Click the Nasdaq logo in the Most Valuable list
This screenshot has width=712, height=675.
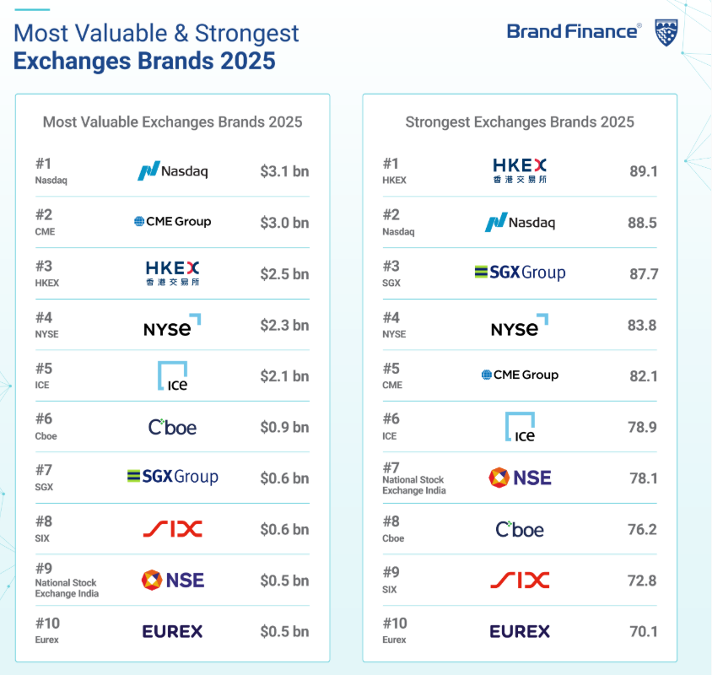coord(173,171)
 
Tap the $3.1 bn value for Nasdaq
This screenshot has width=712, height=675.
coord(284,171)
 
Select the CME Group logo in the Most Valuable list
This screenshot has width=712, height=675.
coord(173,222)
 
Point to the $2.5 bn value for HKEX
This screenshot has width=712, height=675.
coord(284,273)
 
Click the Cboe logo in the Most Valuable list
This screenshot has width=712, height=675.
coord(173,427)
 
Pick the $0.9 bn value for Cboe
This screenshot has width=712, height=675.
coord(284,427)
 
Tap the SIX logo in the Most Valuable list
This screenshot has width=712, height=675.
coord(173,529)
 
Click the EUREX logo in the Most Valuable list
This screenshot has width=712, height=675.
coord(173,631)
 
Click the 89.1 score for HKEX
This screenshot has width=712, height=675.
coord(643,171)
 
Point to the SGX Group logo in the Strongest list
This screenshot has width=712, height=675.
coord(520,273)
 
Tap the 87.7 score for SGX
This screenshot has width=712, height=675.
coord(643,273)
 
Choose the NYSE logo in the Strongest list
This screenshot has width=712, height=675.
coord(520,326)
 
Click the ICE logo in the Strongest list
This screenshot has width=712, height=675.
coord(520,426)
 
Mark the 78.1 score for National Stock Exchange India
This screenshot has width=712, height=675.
coord(643,478)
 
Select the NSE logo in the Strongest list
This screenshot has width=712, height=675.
coord(520,478)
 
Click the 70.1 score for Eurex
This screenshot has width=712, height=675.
coord(643,631)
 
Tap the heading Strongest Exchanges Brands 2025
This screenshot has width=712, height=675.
coord(520,121)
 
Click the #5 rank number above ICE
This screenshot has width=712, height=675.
coord(44,368)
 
